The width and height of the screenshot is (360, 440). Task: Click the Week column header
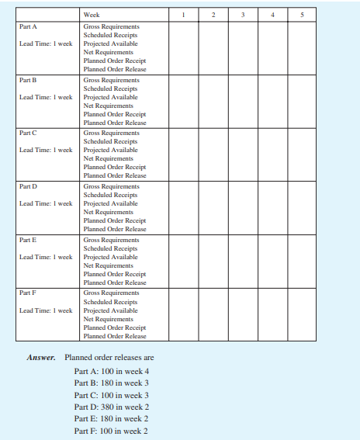[x=92, y=14]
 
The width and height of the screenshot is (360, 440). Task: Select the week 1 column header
[x=182, y=14]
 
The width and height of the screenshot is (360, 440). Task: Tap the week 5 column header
[x=301, y=14]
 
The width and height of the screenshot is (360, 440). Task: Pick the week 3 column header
[x=241, y=14]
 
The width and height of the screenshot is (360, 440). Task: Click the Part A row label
[x=28, y=26]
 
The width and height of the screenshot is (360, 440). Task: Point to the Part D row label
[x=28, y=187]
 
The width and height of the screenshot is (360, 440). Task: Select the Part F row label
[x=28, y=293]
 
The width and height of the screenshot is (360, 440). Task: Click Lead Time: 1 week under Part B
[x=46, y=97]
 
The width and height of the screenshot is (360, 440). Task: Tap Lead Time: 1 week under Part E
[x=46, y=257]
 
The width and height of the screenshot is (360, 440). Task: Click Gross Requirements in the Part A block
[x=111, y=26]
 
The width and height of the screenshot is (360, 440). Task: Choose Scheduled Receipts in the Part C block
[x=111, y=142]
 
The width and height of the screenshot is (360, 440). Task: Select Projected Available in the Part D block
[x=110, y=203]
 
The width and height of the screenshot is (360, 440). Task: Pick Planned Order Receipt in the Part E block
[x=114, y=274]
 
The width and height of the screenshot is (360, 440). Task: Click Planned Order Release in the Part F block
[x=115, y=336]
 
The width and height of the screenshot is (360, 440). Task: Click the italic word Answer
[x=41, y=358]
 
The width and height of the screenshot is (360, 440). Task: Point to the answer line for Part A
[x=111, y=371]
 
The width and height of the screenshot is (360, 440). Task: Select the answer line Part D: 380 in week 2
[x=111, y=407]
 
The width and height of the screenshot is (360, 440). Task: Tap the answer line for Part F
[x=110, y=431]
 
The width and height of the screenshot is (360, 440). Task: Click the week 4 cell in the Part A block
[x=272, y=47]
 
